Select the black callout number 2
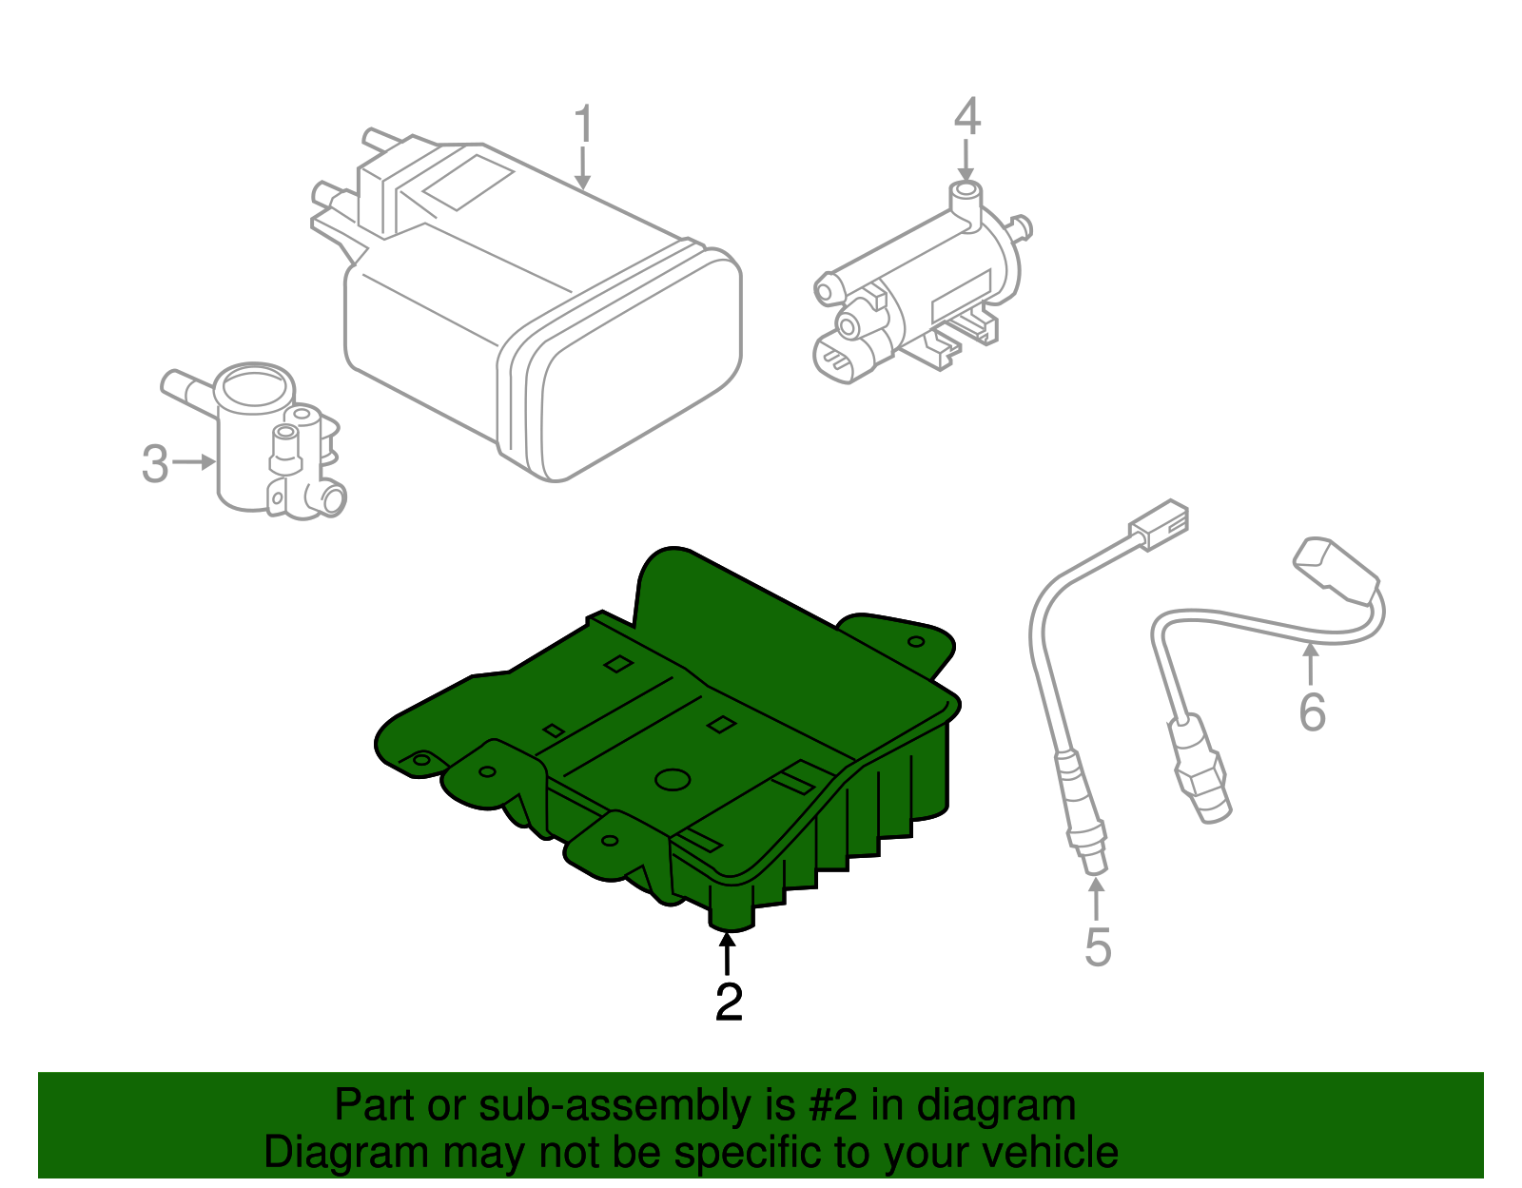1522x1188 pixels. [x=729, y=1001]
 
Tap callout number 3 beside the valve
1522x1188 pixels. [x=155, y=464]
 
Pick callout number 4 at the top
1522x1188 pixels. [x=966, y=116]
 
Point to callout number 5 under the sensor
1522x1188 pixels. [x=1098, y=947]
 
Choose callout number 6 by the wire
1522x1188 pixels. [x=1312, y=711]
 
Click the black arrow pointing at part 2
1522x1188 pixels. [x=727, y=952]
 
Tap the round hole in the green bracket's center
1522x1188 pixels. [x=673, y=779]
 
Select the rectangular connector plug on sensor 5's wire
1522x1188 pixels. [x=1159, y=523]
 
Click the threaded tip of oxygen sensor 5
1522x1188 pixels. [x=1095, y=862]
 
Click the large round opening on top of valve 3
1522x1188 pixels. [x=253, y=385]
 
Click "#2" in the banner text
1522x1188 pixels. [x=833, y=1106]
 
